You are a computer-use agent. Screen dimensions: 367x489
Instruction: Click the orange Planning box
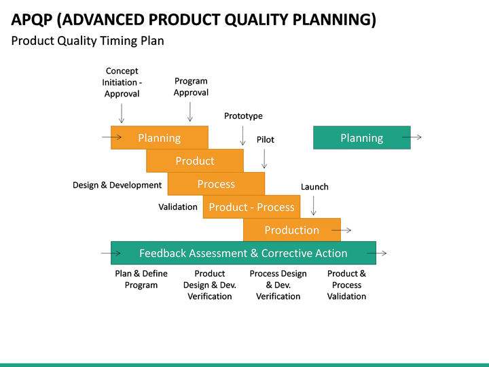(x=160, y=138)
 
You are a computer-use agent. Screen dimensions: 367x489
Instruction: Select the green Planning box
(x=361, y=138)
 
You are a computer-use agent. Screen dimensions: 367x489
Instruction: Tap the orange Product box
(x=195, y=161)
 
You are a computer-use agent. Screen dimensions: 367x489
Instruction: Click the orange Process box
(x=216, y=184)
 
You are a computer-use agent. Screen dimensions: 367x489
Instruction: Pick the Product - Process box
(x=251, y=207)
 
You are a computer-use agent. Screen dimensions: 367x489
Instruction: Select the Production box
(x=291, y=230)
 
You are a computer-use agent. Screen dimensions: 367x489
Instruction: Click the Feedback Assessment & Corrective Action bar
(x=243, y=254)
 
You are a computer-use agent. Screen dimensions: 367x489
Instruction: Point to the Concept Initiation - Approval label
(x=122, y=82)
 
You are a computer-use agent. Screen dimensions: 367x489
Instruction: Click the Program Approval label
(x=191, y=87)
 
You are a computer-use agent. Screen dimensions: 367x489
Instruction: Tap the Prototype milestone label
(x=243, y=116)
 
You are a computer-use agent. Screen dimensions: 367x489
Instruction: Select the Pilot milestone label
(x=265, y=139)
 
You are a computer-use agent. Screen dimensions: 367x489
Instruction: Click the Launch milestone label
(x=314, y=187)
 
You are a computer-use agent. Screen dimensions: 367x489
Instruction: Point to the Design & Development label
(x=117, y=185)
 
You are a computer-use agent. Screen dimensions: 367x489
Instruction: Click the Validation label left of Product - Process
(x=178, y=207)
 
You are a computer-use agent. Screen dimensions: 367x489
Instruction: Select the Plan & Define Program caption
(x=141, y=279)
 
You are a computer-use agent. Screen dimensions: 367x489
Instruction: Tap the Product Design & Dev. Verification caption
(x=209, y=285)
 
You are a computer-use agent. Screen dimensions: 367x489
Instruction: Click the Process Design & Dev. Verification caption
(x=278, y=285)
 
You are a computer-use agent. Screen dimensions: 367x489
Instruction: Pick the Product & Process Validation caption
(x=346, y=285)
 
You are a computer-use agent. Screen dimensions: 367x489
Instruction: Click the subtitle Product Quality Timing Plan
(x=88, y=41)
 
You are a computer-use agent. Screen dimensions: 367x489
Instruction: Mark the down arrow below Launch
(x=313, y=205)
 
